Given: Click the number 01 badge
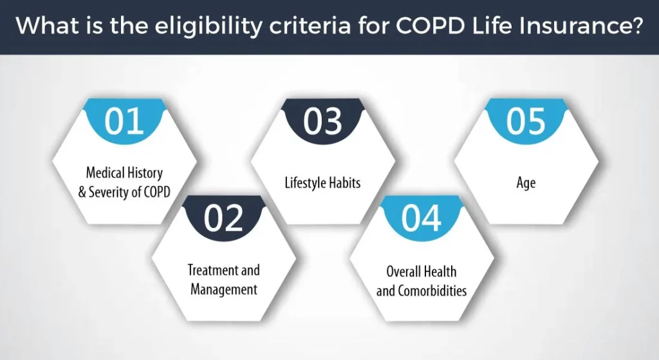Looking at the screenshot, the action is [124, 121].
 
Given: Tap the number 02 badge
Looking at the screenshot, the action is [223, 218].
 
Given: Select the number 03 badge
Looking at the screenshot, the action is [323, 121].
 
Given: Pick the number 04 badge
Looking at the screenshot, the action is [422, 218].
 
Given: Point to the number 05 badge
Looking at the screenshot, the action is [525, 121].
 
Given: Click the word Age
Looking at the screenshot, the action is [526, 184].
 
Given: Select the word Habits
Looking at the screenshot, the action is [345, 182].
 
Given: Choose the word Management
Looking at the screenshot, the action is [224, 290].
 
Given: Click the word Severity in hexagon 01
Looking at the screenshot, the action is [109, 192].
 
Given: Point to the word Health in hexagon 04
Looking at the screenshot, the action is [441, 271].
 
